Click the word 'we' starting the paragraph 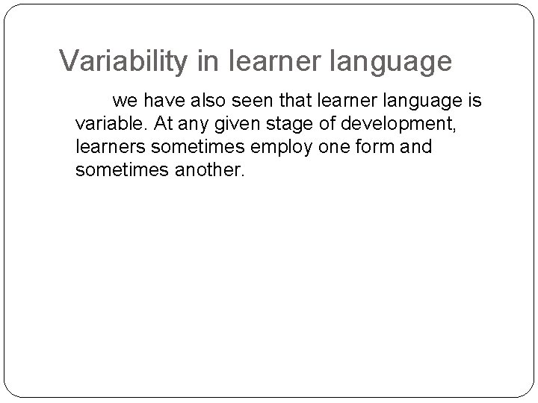(125, 100)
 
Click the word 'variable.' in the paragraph (108, 123)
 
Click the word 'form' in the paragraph (366, 147)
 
